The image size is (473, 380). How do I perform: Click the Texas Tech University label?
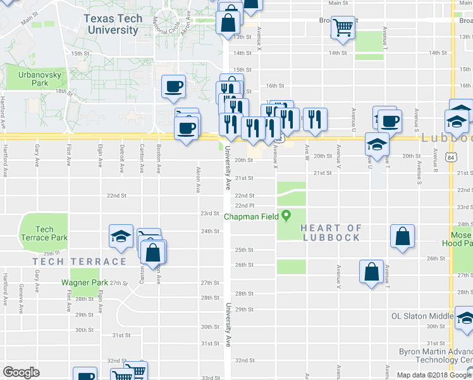click(x=113, y=24)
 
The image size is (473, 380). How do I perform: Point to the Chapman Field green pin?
click(x=286, y=215)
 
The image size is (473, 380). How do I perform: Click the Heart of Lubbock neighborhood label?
click(x=331, y=232)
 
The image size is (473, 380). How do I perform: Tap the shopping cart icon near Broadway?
click(x=343, y=27)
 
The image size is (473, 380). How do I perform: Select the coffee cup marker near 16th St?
click(x=173, y=87)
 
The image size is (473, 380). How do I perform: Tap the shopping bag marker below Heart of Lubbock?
click(x=402, y=236)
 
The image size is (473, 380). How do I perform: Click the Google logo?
click(x=21, y=372)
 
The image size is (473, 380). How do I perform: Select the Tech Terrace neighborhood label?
click(x=79, y=261)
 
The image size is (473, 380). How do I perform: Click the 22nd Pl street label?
click(x=245, y=206)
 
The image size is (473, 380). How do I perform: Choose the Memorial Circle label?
click(x=166, y=24)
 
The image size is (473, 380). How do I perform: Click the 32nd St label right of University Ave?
click(x=245, y=360)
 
